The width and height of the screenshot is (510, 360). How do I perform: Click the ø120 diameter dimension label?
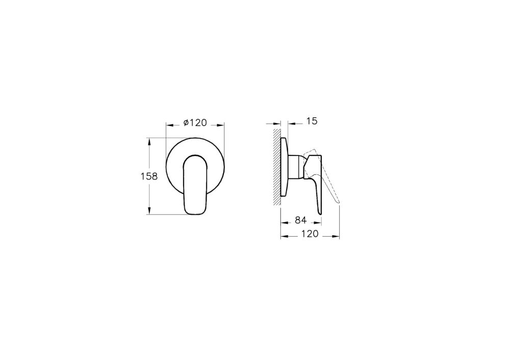pyautogui.click(x=195, y=122)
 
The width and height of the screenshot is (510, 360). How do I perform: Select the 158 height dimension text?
pyautogui.click(x=149, y=176)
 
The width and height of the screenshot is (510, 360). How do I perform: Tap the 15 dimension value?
pyautogui.click(x=311, y=121)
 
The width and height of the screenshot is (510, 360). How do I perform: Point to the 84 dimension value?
pyautogui.click(x=301, y=220)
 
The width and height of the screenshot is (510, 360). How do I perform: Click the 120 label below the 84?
pyautogui.click(x=310, y=234)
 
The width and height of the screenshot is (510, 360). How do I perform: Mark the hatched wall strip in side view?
pyautogui.click(x=277, y=167)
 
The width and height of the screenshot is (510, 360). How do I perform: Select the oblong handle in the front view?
pyautogui.click(x=195, y=185)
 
